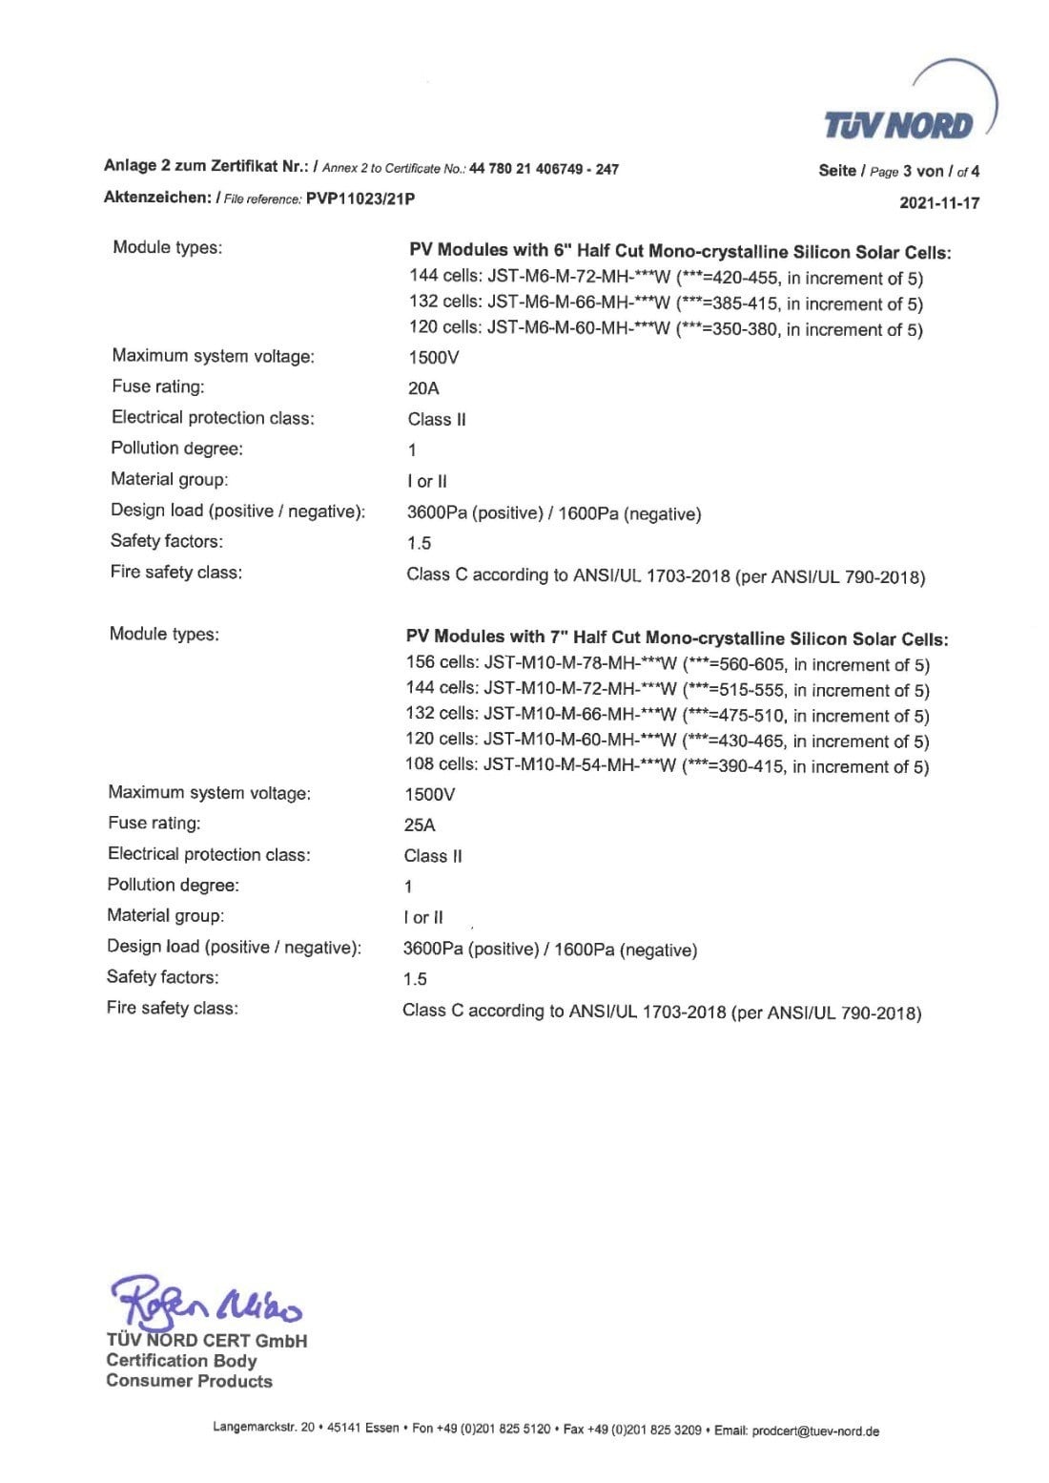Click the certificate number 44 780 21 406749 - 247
[x=545, y=169]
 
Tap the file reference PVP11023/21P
[x=361, y=198]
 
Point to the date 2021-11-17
[x=939, y=202]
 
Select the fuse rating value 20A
[x=423, y=388]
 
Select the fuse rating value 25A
[x=420, y=825]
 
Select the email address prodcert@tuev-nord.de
[x=815, y=1431]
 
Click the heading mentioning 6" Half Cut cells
[x=680, y=252]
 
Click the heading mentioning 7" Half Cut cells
[x=677, y=638]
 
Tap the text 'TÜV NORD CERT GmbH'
[x=207, y=1341]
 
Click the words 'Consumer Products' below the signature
[x=190, y=1381]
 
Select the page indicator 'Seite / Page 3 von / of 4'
[x=898, y=171]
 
